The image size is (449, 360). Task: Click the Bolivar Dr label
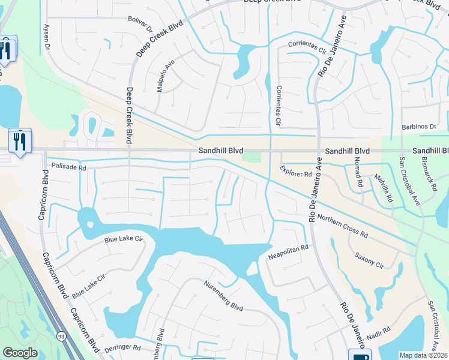[x=140, y=23]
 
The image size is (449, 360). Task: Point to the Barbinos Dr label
[x=420, y=127]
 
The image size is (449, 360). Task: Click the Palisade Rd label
[x=68, y=167]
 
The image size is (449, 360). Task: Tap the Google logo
[x=20, y=353]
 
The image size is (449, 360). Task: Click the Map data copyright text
[x=423, y=355]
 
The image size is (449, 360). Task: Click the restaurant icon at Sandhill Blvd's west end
[x=19, y=141]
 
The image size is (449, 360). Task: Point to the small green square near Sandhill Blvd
[x=252, y=157]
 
